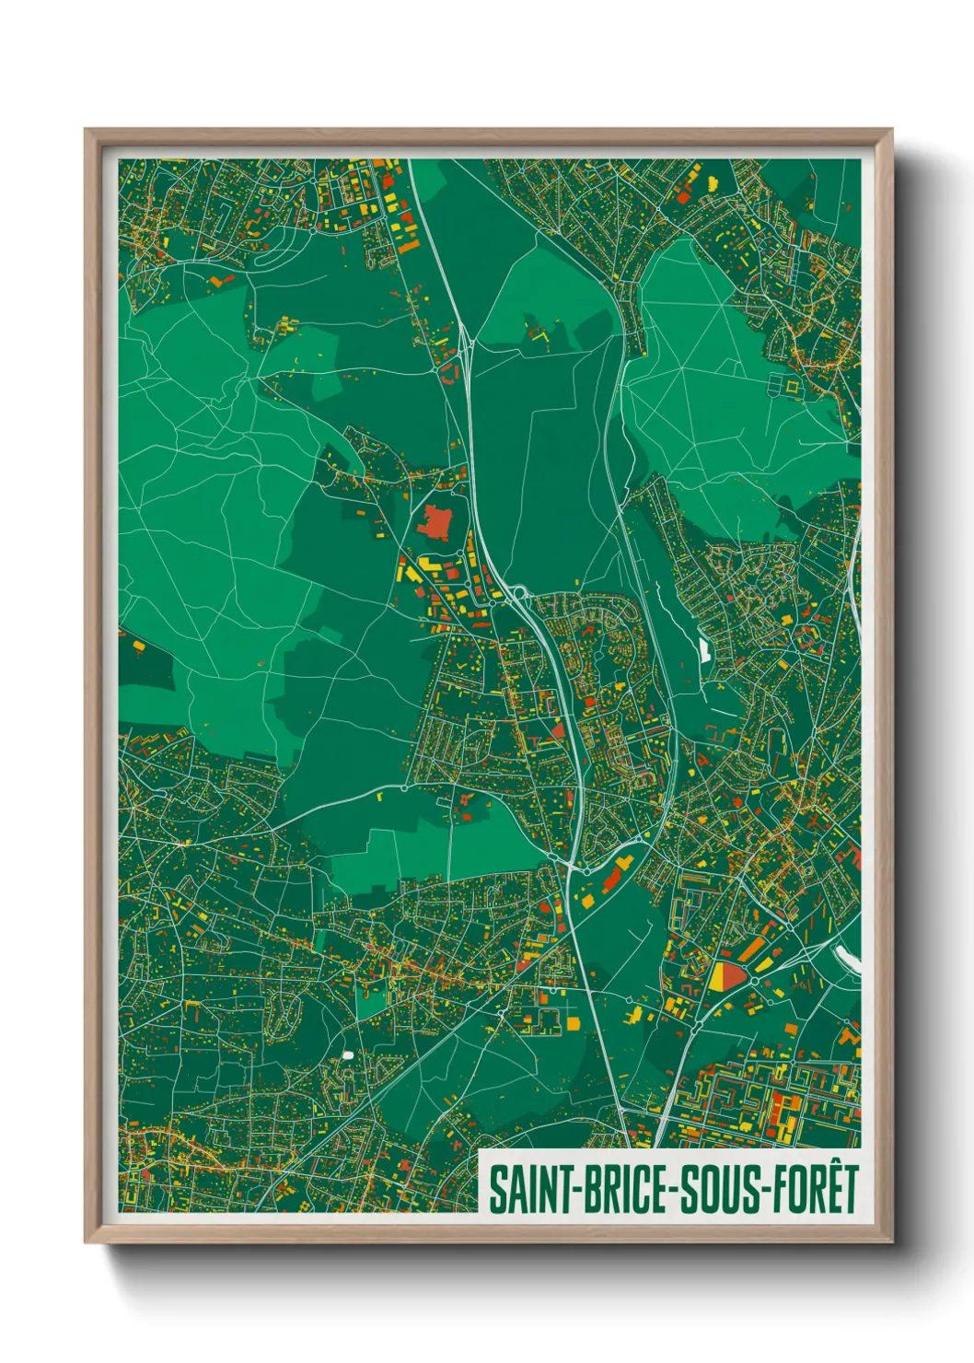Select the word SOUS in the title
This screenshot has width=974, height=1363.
point(724,1189)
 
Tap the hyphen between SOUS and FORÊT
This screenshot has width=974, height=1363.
point(767,1191)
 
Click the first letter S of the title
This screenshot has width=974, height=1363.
point(497,1189)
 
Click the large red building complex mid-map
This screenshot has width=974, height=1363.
point(435,524)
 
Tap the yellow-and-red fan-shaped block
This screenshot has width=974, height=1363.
point(726,974)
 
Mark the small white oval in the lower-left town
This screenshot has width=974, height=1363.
point(347,1054)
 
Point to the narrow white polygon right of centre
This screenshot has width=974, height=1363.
point(705,651)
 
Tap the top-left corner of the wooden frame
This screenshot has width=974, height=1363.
point(86,130)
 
